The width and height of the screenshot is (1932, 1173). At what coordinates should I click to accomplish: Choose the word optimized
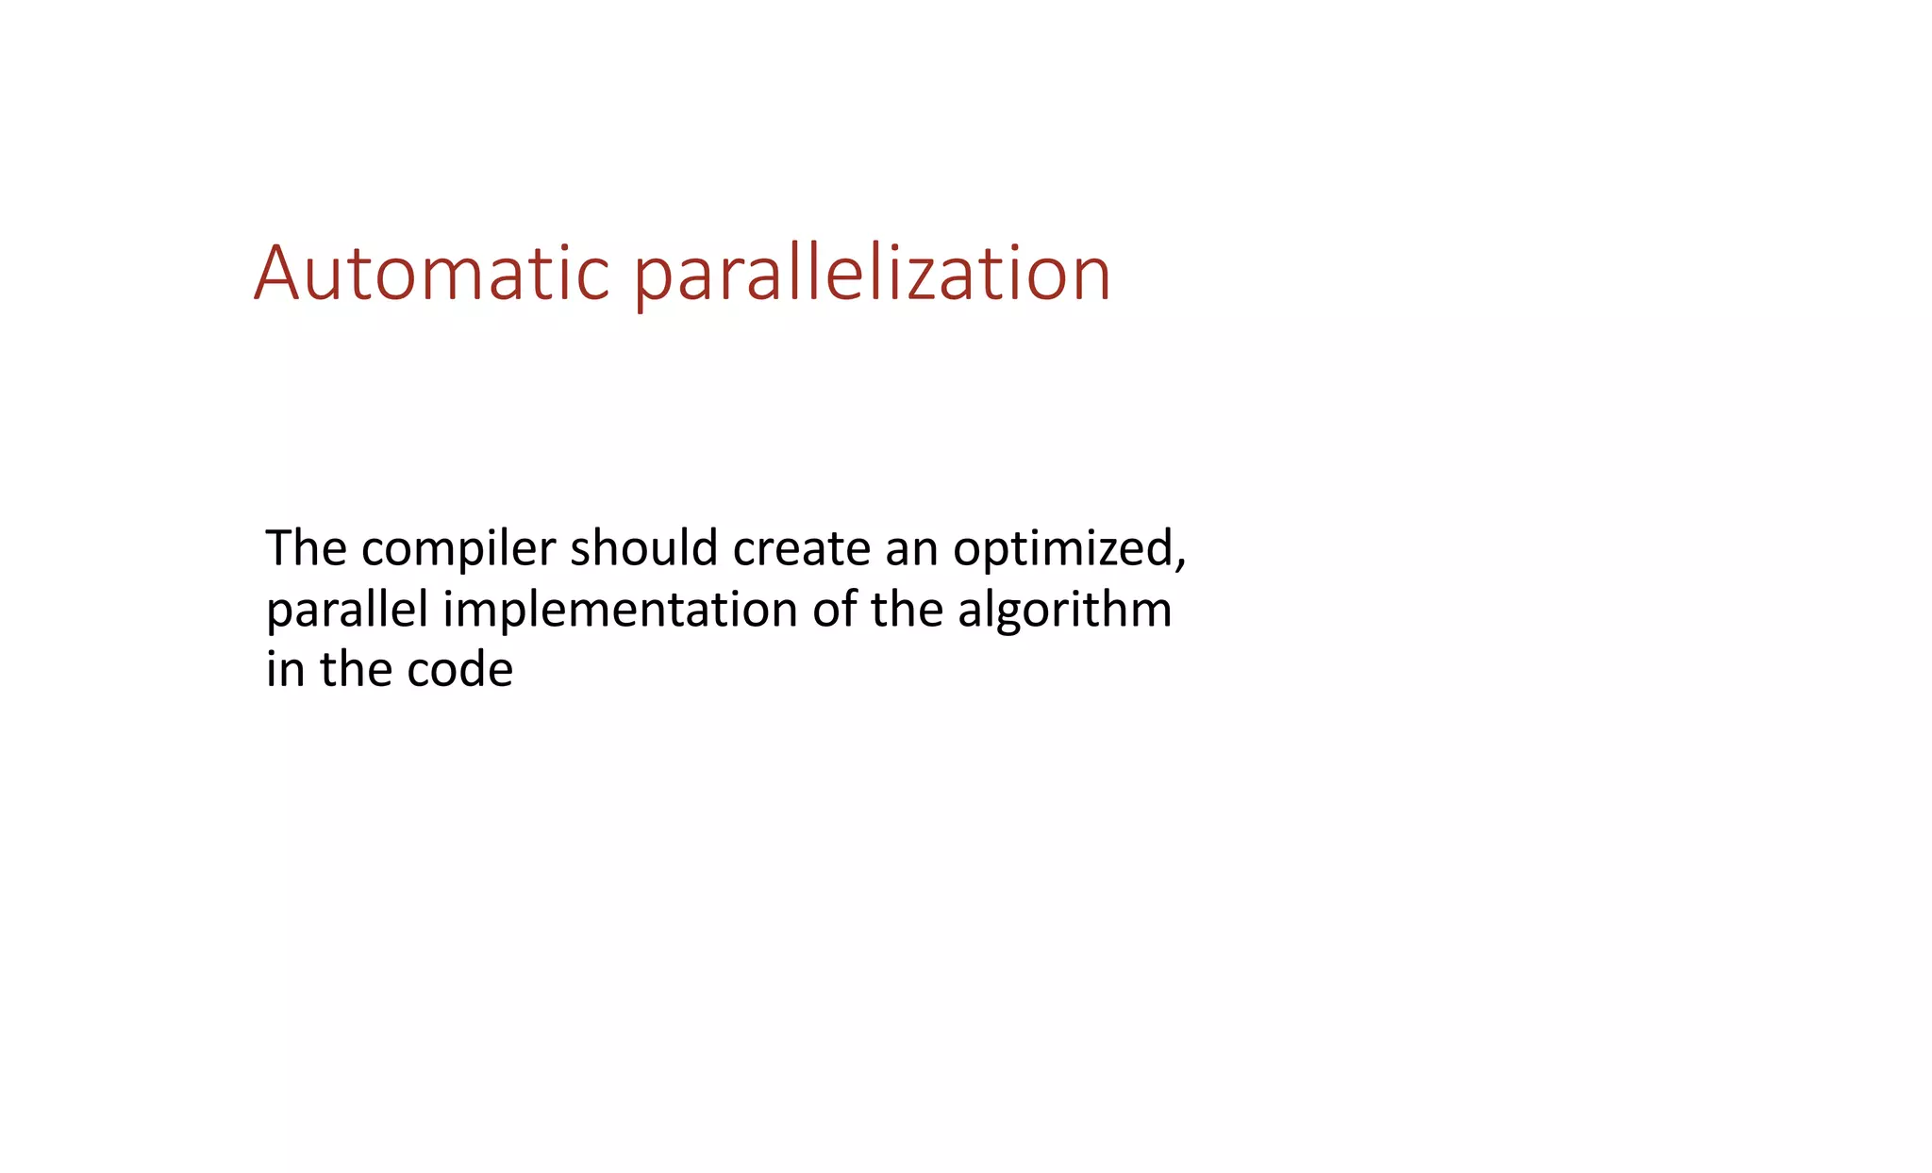(x=1062, y=548)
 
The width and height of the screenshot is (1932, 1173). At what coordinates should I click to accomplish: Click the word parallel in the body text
(x=347, y=610)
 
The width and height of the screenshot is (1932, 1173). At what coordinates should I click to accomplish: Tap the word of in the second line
(x=834, y=610)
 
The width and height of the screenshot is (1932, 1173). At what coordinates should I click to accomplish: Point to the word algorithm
(x=1064, y=610)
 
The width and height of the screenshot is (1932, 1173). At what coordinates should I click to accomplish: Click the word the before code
(x=356, y=670)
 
